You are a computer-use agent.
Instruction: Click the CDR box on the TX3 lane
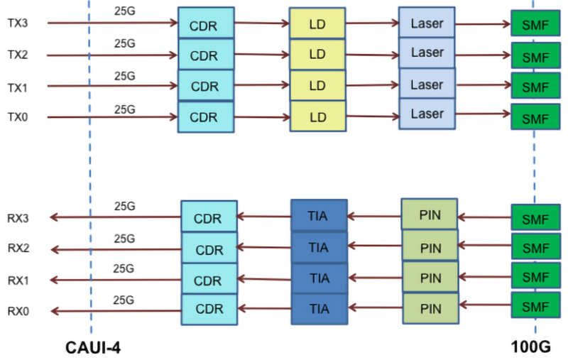pos(205,23)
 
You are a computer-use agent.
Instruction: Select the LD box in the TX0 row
pos(317,116)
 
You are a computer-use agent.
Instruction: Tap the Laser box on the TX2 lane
pos(427,53)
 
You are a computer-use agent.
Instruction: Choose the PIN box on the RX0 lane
pos(430,309)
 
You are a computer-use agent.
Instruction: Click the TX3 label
pos(17,23)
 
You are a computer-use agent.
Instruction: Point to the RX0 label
pos(18,311)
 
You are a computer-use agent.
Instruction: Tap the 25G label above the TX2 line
pos(124,43)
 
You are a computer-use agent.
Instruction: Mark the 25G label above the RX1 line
pos(124,268)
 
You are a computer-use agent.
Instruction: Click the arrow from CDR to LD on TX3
pos(261,23)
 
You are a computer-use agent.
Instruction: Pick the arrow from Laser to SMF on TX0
pos(483,114)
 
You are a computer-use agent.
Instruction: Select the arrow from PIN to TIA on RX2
pos(374,246)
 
